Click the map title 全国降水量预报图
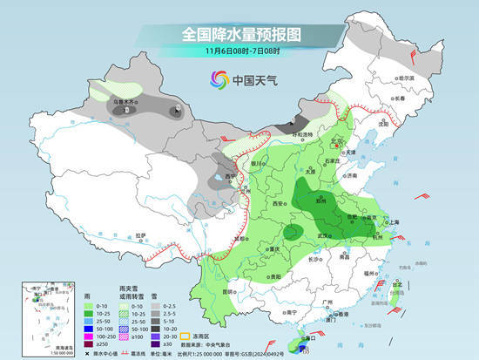click(240, 34)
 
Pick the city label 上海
click(391, 222)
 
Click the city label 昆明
click(228, 290)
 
